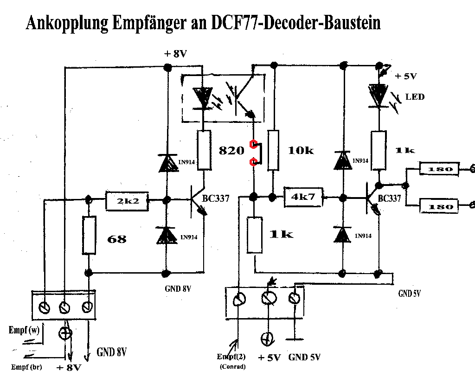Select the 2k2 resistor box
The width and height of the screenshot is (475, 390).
(127, 200)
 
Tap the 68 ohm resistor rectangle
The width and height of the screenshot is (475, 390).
(90, 235)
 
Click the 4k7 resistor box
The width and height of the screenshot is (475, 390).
(303, 197)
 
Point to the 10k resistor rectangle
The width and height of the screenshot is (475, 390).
(274, 151)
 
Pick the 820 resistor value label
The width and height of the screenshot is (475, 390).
(231, 151)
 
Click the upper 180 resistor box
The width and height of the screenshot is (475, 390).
(438, 169)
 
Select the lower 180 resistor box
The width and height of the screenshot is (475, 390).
(438, 205)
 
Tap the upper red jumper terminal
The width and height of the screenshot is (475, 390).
(253, 144)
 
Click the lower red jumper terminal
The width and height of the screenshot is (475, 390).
(253, 162)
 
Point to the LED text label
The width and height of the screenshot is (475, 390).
(415, 97)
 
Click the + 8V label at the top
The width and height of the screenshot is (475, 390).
(175, 54)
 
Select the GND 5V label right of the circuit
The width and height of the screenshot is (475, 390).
(409, 294)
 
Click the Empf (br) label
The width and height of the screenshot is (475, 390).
(26, 367)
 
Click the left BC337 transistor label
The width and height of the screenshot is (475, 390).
(216, 198)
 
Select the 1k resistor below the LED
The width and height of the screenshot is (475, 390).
(379, 151)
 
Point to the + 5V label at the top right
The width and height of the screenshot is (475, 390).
(406, 76)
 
